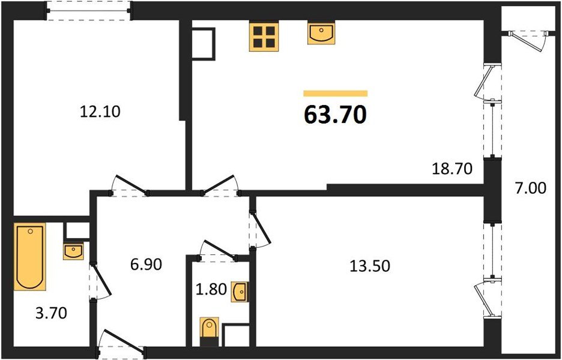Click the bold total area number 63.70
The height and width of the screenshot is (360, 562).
coord(335,115)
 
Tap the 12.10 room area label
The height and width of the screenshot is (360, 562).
coord(100,112)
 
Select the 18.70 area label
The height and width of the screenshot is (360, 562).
coord(452,169)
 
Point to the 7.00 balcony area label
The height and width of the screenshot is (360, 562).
coord(531,188)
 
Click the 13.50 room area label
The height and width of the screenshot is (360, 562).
coord(370,266)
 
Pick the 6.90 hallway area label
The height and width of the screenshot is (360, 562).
coord(146,265)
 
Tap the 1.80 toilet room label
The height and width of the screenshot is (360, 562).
coord(211,289)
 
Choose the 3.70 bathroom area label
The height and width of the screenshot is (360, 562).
coord(51,313)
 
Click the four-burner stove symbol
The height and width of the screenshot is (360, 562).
coord(264,38)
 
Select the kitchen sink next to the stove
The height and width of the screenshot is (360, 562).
coord(321,34)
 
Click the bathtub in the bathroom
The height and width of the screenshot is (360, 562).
coord(30,256)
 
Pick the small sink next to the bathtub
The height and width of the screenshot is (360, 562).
coord(73,251)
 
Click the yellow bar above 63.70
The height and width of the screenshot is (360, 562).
coord(336,94)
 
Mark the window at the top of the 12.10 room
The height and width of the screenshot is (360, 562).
coord(89,11)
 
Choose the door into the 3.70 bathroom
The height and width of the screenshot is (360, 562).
coord(100,281)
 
